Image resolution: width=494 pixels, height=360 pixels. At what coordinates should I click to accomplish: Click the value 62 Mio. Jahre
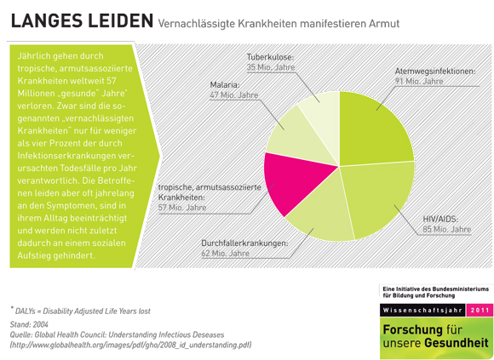[x=226, y=253]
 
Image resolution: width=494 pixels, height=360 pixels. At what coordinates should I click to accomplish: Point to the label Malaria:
[x=226, y=84]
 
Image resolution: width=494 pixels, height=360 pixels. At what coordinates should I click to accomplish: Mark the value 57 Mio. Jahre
[x=181, y=207]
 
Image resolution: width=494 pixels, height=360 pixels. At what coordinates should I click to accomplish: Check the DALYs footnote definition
[x=81, y=311]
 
